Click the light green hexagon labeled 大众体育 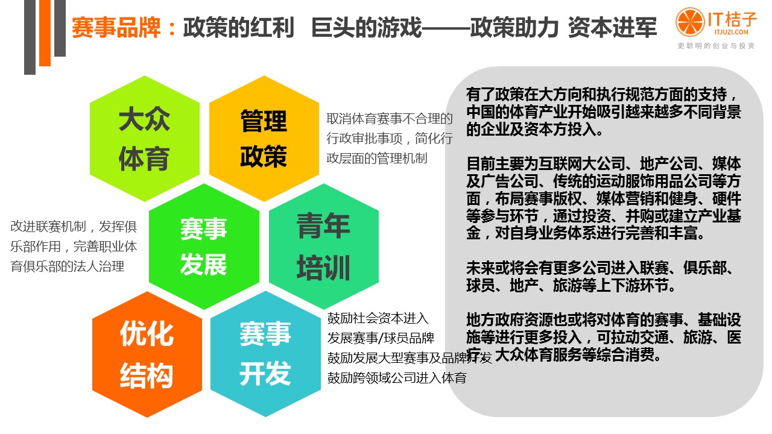[x=144, y=139]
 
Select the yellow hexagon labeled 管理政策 [x=264, y=139]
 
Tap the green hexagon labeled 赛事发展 [x=203, y=247]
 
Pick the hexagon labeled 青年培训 [x=323, y=247]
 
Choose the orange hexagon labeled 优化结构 [x=147, y=354]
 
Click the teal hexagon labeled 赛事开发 [x=265, y=354]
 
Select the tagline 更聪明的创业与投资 [x=716, y=46]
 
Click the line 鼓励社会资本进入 [x=378, y=318]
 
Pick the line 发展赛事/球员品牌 [x=381, y=338]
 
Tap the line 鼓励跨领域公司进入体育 [x=397, y=378]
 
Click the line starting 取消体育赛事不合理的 [x=390, y=118]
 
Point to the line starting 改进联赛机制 [x=74, y=227]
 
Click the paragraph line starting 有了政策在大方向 [x=603, y=96]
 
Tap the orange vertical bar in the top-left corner [x=45, y=33]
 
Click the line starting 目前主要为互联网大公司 [x=603, y=165]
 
